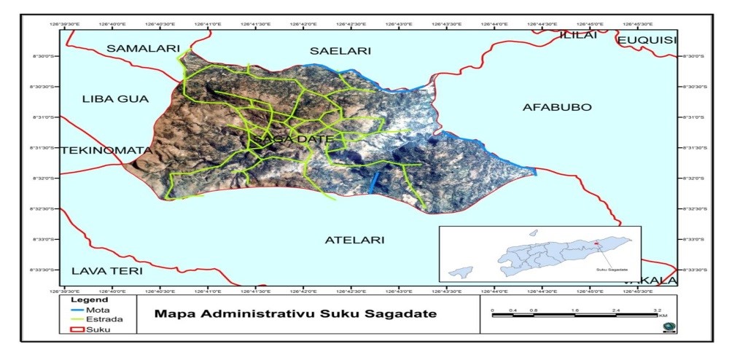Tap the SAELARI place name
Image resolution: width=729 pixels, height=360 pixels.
coord(340,51)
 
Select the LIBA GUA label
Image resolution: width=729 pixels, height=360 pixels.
coord(115,98)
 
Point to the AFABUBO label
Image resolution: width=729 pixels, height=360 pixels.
coord(557,107)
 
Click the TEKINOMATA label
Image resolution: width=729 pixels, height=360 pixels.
coord(106,150)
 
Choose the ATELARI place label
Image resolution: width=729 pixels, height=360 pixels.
coord(354,239)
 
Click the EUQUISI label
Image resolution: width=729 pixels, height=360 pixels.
coord(647,40)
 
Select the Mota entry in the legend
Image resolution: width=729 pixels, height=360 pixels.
coord(98,309)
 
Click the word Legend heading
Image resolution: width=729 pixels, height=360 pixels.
coord(91,300)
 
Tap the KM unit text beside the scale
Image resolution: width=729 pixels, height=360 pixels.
coord(662,316)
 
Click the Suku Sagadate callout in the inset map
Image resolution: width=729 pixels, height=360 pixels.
coord(611,270)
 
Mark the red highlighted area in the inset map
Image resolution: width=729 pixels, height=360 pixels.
coord(596,244)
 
